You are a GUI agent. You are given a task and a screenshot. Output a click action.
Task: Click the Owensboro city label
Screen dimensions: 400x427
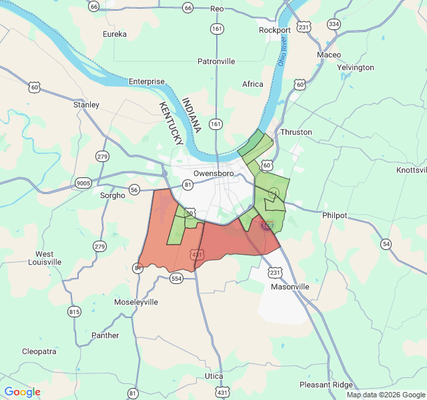tap(209, 173)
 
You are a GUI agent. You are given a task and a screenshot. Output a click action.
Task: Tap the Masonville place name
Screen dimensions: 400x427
tap(290, 287)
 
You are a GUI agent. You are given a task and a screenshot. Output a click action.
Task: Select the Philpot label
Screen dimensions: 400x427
tap(334, 215)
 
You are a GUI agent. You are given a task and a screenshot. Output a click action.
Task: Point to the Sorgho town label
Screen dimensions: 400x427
tap(112, 196)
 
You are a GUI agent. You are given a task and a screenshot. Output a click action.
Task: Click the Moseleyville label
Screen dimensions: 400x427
tap(135, 302)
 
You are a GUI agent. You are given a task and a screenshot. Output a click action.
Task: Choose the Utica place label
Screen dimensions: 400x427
tap(213, 376)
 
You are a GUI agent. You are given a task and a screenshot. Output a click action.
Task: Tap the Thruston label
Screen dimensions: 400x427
tap(296, 132)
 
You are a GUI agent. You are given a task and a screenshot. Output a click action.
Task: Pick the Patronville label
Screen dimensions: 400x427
tap(216, 61)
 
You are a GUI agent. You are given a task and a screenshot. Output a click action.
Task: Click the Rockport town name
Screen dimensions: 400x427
tap(274, 30)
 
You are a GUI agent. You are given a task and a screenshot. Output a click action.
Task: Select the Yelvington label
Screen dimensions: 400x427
tap(356, 67)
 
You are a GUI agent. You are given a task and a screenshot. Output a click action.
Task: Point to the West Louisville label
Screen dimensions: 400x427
tap(45, 258)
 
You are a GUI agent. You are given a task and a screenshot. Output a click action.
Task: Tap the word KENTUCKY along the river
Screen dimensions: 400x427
tap(171, 124)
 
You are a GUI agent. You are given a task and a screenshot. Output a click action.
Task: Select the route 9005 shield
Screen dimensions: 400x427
tap(83, 182)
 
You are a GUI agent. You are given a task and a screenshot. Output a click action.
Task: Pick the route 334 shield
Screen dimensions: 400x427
tap(334, 24)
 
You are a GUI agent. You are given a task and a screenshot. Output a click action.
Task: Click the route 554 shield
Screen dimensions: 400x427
tap(176, 278)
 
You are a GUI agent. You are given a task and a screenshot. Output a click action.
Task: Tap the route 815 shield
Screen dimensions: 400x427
tap(74, 311)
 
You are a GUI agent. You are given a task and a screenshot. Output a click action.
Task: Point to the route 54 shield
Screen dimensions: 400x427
tap(386, 244)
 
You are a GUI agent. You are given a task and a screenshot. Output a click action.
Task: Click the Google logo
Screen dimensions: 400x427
tap(22, 392)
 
